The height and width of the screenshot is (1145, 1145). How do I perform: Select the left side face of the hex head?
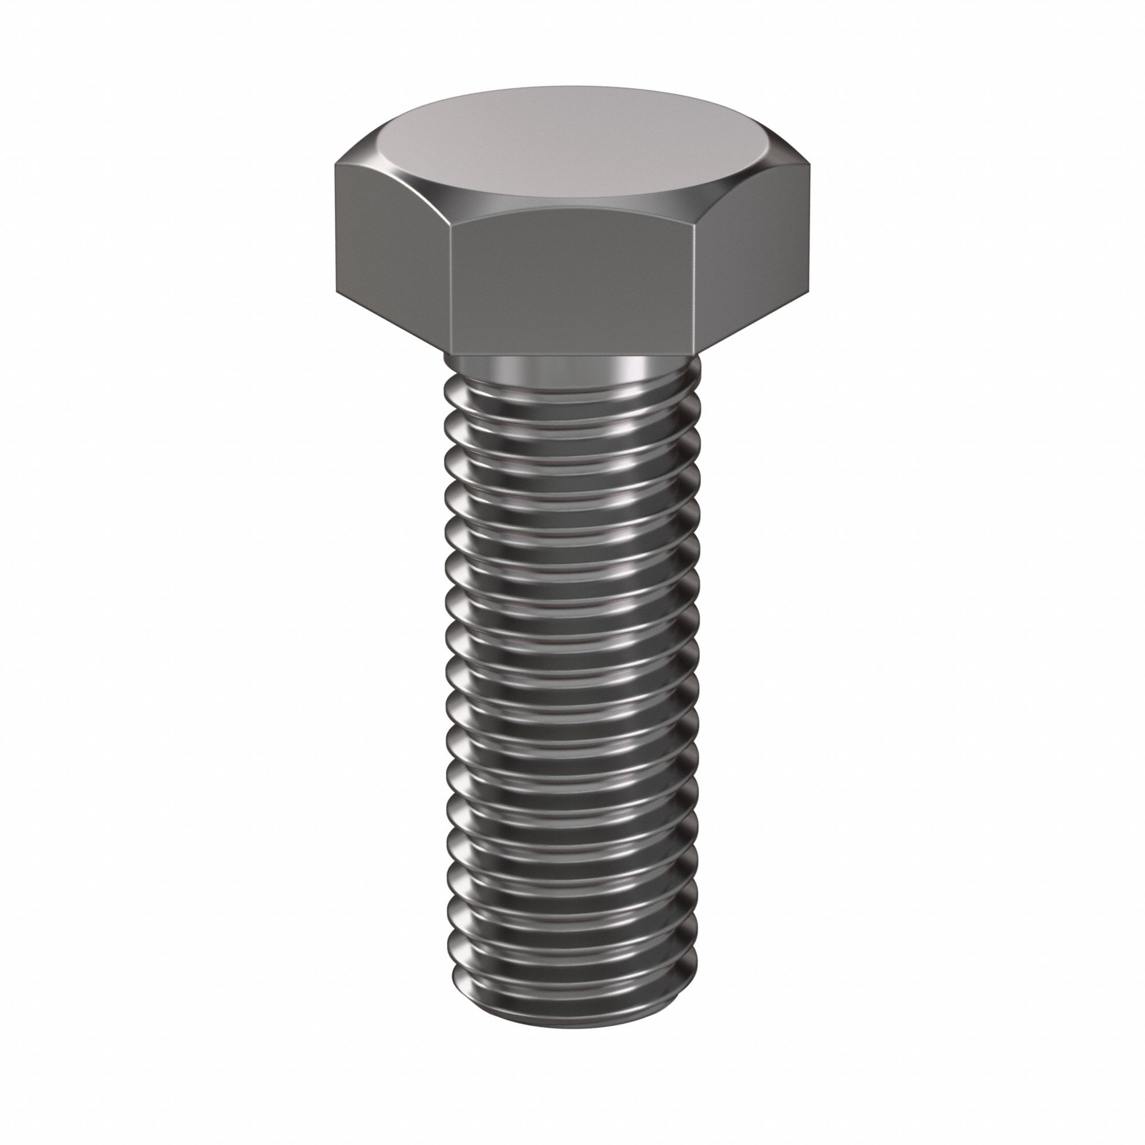(x=391, y=249)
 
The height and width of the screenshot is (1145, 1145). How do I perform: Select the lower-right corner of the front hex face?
(x=691, y=352)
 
